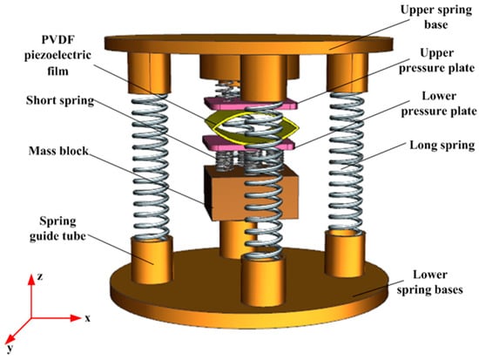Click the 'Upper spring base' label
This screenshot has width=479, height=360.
(x=436, y=17)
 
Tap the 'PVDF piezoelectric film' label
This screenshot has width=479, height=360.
(x=57, y=56)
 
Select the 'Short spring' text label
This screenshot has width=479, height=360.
(x=60, y=100)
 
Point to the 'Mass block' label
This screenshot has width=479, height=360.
(x=58, y=151)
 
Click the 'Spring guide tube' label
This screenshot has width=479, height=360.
(x=57, y=228)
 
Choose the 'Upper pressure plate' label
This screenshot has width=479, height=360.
(x=437, y=60)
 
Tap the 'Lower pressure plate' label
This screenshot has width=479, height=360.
(x=439, y=104)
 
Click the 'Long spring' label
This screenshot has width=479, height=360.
(x=442, y=145)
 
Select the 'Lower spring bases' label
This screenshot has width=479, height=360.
(x=430, y=282)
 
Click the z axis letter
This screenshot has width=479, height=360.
(x=40, y=276)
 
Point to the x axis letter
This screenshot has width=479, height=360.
(x=88, y=318)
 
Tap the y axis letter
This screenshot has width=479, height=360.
(x=11, y=348)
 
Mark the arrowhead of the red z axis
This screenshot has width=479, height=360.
(x=31, y=280)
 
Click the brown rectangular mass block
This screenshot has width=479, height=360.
(x=251, y=194)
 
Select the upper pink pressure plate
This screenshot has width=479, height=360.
(x=251, y=104)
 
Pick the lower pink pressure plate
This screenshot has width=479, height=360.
(x=249, y=143)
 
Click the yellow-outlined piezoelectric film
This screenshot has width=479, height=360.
(x=251, y=127)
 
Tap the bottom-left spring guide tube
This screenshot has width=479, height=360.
(x=152, y=260)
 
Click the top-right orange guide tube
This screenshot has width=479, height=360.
(x=347, y=73)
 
